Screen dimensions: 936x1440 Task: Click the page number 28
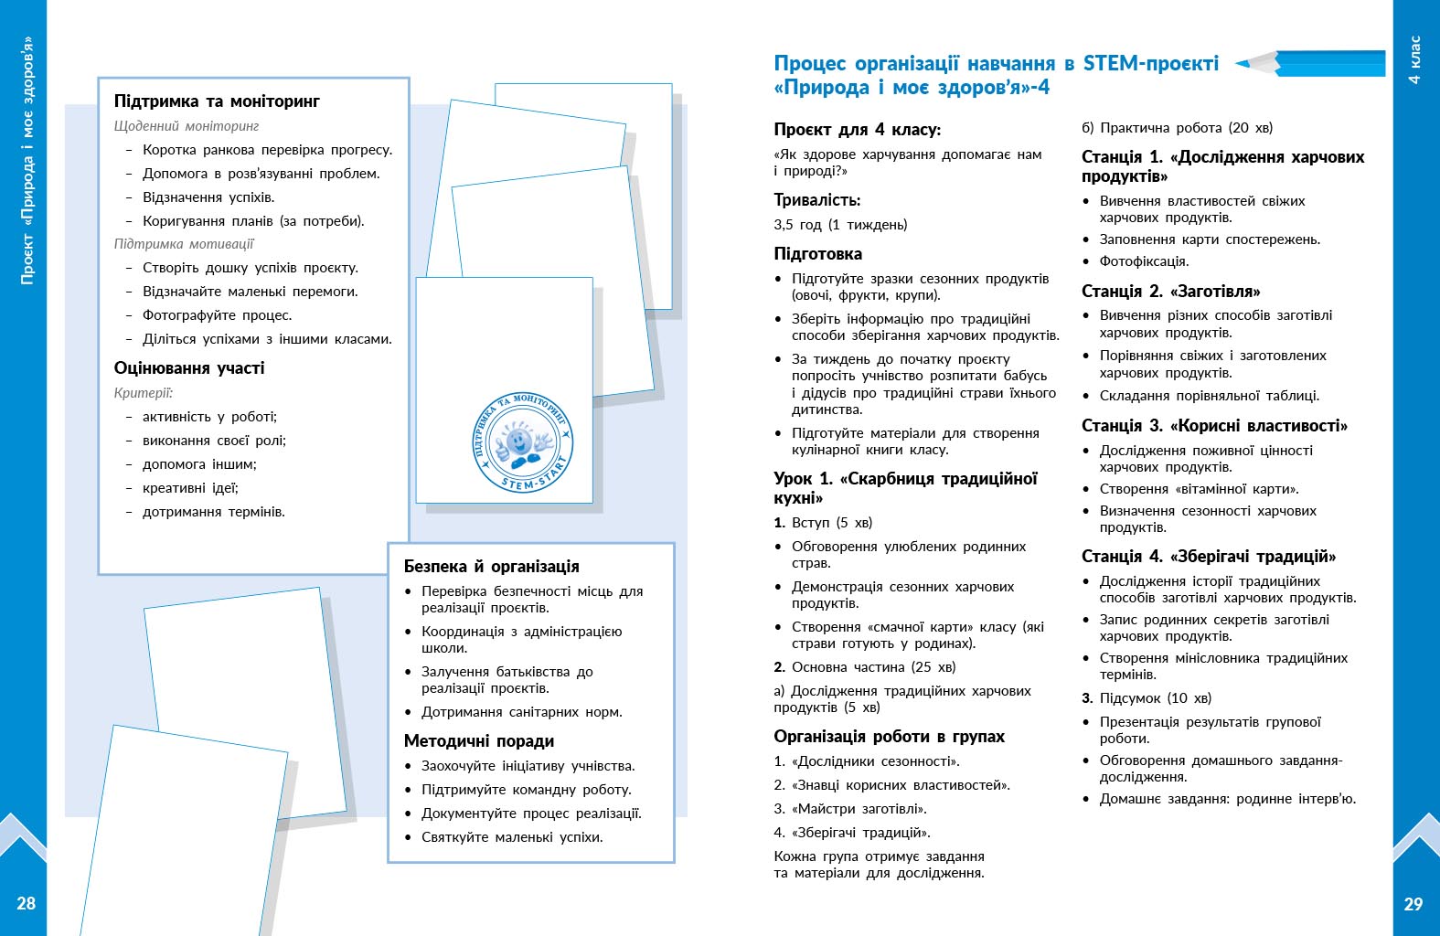(x=26, y=903)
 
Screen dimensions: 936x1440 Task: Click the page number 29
(x=1413, y=904)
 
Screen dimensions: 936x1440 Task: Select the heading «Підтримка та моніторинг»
(x=217, y=101)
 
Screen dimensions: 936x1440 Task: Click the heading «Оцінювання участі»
(x=189, y=368)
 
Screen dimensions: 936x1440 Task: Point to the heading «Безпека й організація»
(x=491, y=567)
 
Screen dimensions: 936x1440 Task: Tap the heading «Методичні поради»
(x=479, y=741)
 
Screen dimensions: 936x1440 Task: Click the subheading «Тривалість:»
(x=816, y=200)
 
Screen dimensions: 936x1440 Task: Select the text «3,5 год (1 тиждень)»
(x=840, y=225)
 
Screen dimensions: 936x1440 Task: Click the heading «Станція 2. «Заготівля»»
(x=1170, y=292)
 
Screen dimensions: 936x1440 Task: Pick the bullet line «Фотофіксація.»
(x=1144, y=261)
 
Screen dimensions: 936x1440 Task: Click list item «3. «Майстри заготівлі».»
(x=850, y=809)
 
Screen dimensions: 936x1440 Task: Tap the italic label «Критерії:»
(x=143, y=393)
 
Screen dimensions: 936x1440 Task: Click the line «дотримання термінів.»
(x=213, y=512)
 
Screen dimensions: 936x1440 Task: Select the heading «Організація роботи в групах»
(x=889, y=737)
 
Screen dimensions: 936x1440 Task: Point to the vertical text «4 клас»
(x=1414, y=59)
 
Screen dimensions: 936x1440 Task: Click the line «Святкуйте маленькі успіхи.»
(x=511, y=837)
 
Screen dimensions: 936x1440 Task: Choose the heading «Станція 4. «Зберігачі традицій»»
(x=1208, y=557)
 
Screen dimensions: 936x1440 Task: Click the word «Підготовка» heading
(x=817, y=254)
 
